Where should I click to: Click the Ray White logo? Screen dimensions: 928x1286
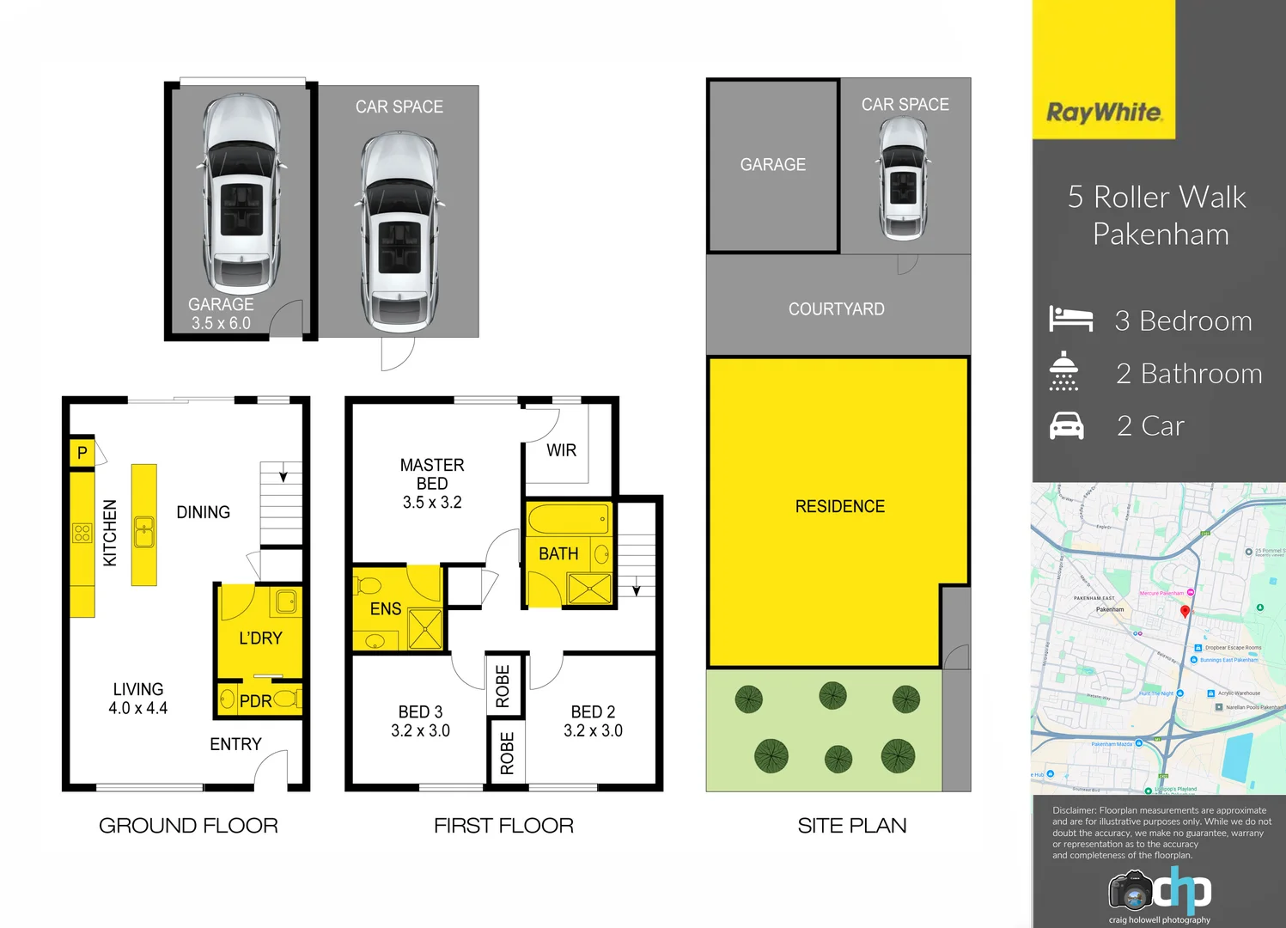coord(1104,113)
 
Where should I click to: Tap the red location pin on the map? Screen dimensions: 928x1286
coord(1185,611)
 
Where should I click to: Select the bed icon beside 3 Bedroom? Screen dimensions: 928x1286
coord(1070,319)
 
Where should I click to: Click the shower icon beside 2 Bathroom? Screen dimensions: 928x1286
coord(1064,371)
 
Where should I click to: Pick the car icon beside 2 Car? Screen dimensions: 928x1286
coord(1066,425)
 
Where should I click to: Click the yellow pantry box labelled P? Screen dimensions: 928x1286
coord(82,453)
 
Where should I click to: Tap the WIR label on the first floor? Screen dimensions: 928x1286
coord(561,450)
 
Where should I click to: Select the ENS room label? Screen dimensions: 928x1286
coord(386,609)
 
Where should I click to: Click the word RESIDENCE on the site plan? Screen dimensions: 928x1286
coord(839,507)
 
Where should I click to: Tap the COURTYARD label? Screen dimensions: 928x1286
coord(836,309)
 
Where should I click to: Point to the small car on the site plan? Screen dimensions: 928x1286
coord(904,179)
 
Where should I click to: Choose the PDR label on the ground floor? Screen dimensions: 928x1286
coord(255,701)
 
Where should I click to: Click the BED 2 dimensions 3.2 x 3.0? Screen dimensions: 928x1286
coord(593,731)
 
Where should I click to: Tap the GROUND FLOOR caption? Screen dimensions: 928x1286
coord(188,826)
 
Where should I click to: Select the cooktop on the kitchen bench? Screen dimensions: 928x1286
coord(82,533)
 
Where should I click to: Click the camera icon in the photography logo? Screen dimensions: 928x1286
coord(1130,891)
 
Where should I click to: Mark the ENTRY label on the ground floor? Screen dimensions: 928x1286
coord(235,744)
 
